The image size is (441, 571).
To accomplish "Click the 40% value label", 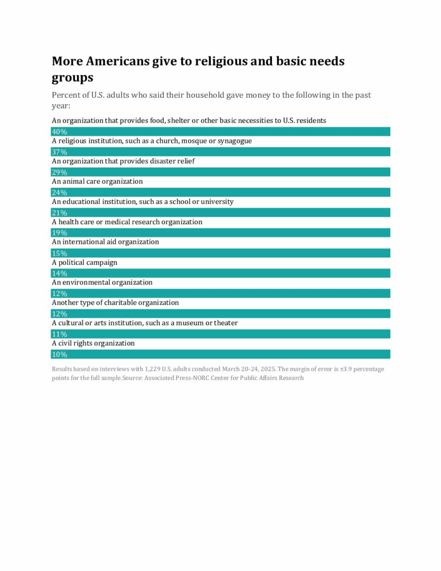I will (x=59, y=132).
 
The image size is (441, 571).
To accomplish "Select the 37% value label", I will (x=59, y=152).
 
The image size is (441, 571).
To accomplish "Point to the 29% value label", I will (x=59, y=172).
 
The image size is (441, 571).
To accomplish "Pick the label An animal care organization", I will (x=97, y=181).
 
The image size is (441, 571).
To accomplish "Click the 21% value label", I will (x=59, y=213).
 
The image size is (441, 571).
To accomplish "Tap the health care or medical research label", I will (x=127, y=222).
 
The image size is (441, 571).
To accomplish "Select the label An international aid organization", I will (x=105, y=242).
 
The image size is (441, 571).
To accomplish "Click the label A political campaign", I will (x=85, y=262).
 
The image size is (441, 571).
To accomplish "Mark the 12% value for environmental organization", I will (x=59, y=293).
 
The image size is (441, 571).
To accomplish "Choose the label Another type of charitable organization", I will (x=115, y=303).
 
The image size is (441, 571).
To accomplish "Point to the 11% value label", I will (x=59, y=334).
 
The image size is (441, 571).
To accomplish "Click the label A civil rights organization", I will (x=93, y=343).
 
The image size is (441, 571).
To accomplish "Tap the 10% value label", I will (x=59, y=354).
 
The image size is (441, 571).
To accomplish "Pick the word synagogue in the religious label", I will (x=234, y=141).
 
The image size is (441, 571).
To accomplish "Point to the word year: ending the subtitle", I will (x=61, y=105).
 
